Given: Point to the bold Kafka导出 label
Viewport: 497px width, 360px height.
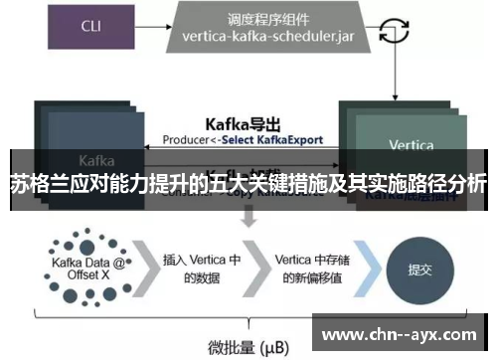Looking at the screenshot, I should [x=243, y=124].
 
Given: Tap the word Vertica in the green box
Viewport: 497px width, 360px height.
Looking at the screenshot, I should [x=411, y=145].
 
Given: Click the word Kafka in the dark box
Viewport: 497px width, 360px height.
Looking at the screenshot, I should [x=96, y=159].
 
